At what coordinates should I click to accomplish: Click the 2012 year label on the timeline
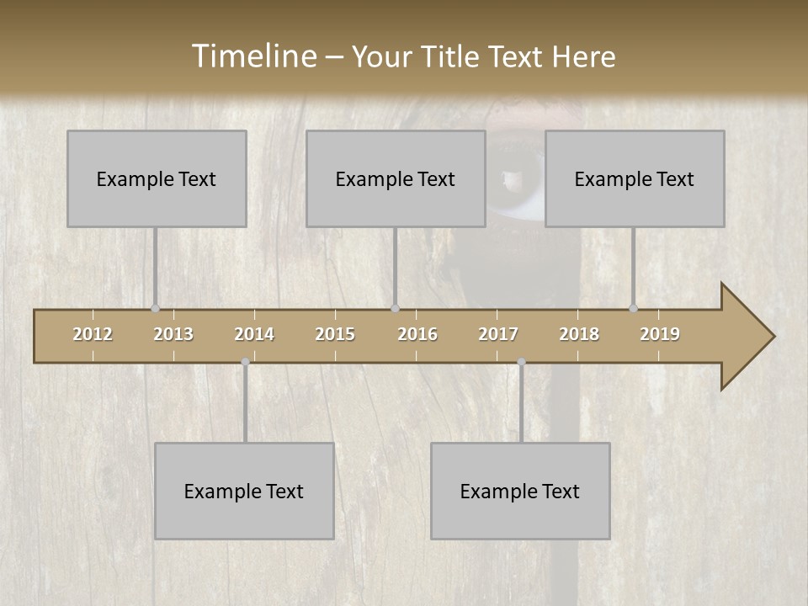93,334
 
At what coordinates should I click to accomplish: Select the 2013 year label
173,334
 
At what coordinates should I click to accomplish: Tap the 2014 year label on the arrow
254,334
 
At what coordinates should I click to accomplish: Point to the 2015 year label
335,334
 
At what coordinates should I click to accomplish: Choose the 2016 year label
417,334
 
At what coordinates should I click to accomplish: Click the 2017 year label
498,334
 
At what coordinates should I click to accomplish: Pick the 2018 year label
579,334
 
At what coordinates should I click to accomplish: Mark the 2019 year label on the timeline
660,334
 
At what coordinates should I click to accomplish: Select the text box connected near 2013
157,178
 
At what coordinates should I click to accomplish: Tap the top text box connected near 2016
396,178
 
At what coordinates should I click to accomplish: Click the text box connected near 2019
635,178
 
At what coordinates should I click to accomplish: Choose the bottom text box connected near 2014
244,491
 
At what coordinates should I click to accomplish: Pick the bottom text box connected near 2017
520,491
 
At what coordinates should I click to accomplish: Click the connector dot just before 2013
155,309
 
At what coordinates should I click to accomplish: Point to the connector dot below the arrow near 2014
245,362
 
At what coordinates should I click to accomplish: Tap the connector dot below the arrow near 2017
521,362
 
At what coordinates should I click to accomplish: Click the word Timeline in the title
253,56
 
